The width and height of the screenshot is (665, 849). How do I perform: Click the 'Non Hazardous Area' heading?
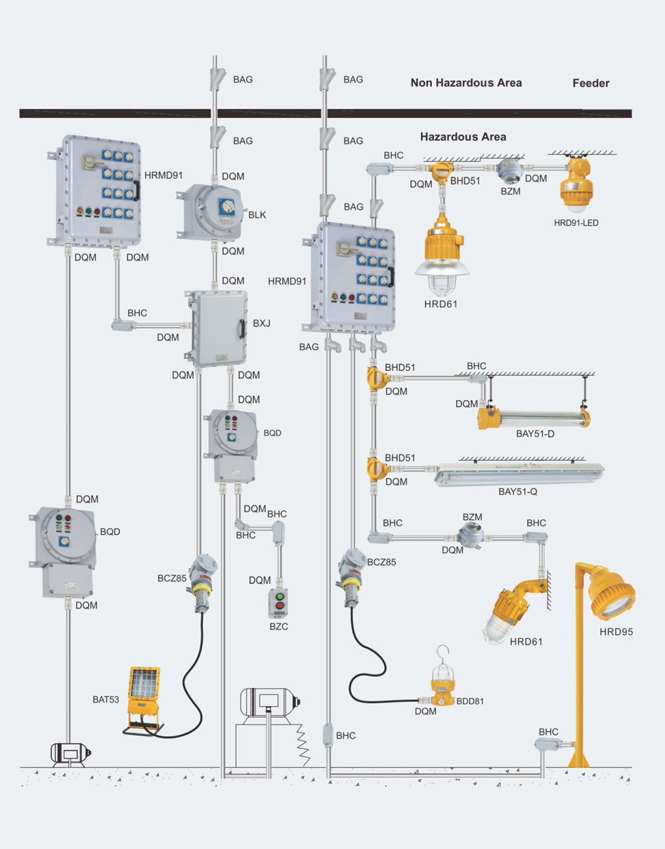pos(466,83)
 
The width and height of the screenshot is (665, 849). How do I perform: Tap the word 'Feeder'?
pos(591,83)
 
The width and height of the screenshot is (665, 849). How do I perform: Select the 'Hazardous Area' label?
pos(463,137)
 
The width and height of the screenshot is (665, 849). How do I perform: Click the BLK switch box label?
pos(257,215)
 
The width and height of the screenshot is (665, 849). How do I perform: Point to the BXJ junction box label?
pos(261,324)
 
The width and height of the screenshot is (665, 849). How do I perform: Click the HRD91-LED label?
pos(576,223)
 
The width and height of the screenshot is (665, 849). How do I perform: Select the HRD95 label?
pos(616,632)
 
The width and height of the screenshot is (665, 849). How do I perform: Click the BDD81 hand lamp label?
pos(470,701)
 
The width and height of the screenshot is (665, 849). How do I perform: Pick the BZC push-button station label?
pos(278,627)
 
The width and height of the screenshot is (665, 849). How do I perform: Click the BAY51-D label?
pos(535,434)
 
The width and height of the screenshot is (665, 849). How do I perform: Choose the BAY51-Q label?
pos(517,492)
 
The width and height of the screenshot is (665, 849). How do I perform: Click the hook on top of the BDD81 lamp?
pos(444,651)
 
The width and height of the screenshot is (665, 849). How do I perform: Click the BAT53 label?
pos(106,700)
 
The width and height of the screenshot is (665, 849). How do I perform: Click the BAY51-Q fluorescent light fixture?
pos(519,473)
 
